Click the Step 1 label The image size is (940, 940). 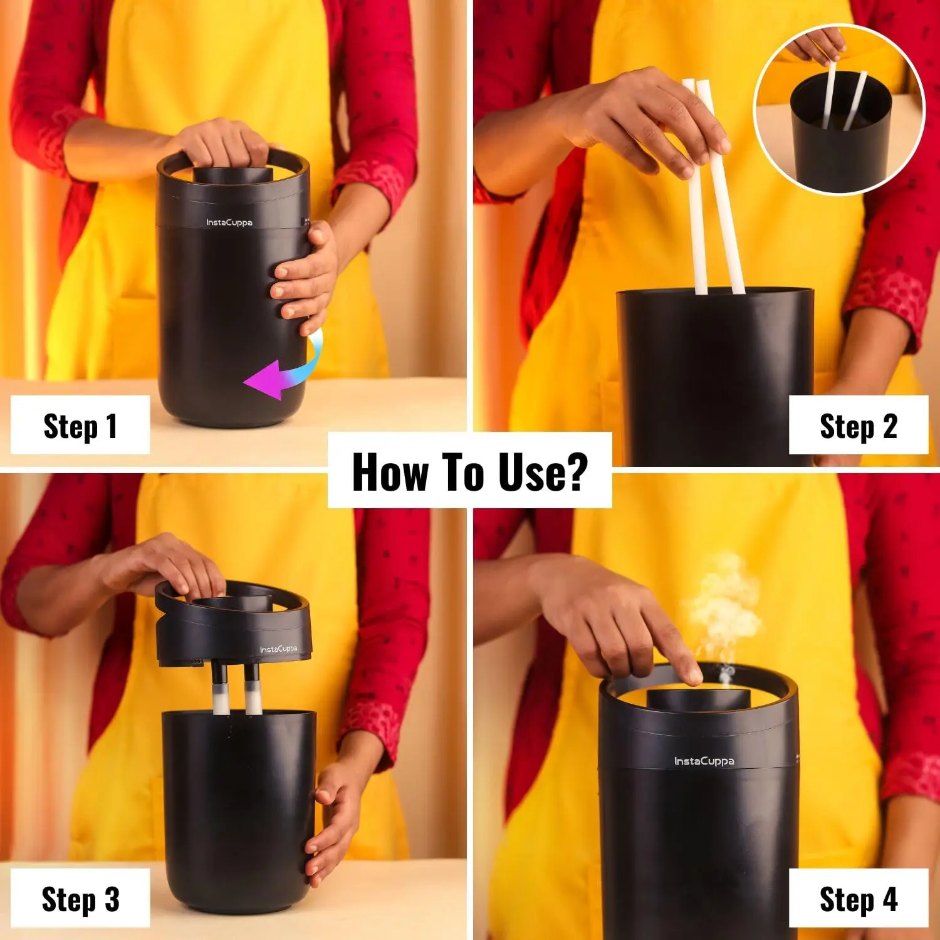80,426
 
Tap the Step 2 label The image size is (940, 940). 859,426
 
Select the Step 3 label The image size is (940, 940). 80,899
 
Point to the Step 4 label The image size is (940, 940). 859,899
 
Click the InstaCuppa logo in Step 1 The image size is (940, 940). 229,222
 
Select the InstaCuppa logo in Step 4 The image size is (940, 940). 704,761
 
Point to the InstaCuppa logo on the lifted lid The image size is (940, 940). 278,649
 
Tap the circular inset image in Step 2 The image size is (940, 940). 840,110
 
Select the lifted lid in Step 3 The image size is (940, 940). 233,624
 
